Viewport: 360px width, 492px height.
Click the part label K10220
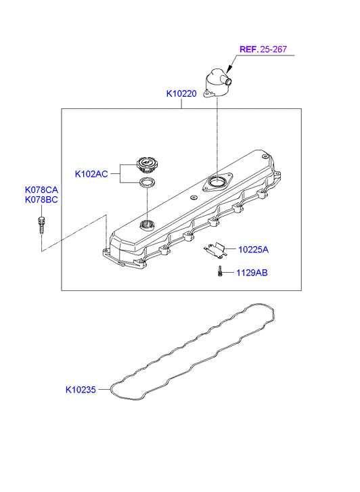(x=181, y=93)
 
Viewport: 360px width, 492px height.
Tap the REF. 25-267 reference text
(x=263, y=49)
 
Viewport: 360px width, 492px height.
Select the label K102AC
(x=91, y=174)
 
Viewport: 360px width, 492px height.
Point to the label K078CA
(x=41, y=190)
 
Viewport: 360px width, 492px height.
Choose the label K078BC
(x=41, y=200)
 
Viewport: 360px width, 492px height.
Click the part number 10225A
(x=253, y=250)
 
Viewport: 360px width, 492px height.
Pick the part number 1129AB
(x=252, y=273)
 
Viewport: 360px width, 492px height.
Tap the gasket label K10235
(x=81, y=389)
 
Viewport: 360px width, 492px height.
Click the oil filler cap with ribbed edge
(x=148, y=165)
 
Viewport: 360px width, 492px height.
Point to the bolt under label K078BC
(x=41, y=225)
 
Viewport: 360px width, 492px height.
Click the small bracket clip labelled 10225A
(x=216, y=250)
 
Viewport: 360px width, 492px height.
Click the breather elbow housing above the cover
(x=216, y=83)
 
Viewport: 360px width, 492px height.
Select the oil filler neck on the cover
(x=147, y=225)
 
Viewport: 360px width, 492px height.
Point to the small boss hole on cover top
(x=194, y=198)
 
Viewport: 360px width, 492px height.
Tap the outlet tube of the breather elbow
(x=227, y=81)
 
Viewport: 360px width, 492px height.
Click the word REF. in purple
(x=249, y=49)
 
